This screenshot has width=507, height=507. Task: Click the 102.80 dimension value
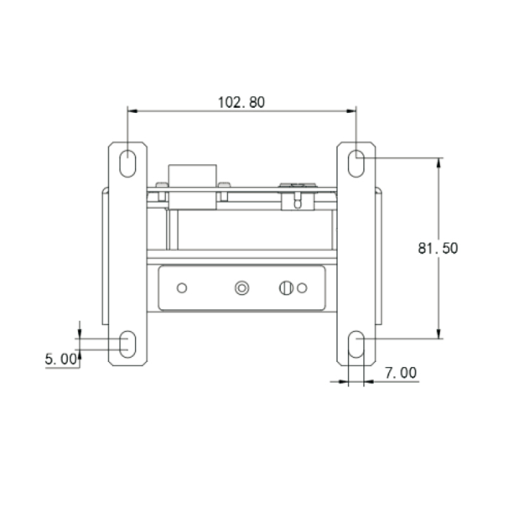point(241,102)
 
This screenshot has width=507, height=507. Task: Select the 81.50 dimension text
point(438,248)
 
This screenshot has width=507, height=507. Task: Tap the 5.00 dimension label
point(61,359)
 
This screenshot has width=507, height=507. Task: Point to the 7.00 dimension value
point(401,373)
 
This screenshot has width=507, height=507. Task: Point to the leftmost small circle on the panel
point(182,288)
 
